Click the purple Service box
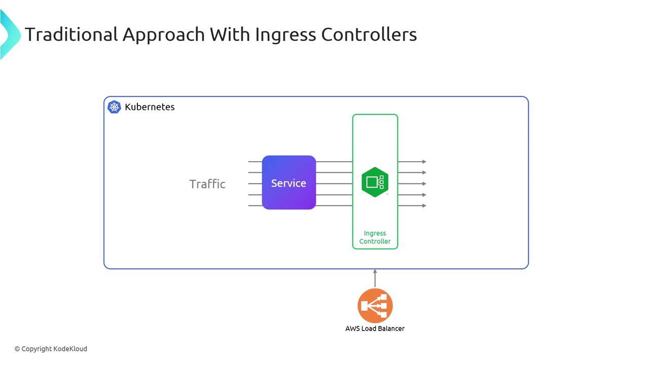click(x=289, y=182)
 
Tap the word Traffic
click(x=207, y=184)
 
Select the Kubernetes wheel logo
click(x=114, y=107)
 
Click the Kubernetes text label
click(x=150, y=107)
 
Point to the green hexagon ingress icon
click(x=375, y=182)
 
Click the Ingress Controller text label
click(x=375, y=237)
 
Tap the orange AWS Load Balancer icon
click(x=375, y=306)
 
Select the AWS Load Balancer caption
click(x=375, y=328)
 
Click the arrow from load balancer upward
click(x=375, y=278)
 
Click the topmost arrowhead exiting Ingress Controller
click(x=424, y=162)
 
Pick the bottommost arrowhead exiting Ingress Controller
click(x=424, y=206)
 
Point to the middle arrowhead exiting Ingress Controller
click(x=424, y=184)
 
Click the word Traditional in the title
click(x=71, y=34)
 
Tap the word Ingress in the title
click(x=285, y=34)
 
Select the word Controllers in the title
click(x=369, y=34)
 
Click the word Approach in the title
click(x=163, y=34)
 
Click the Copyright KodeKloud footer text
click(x=51, y=349)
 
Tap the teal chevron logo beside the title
click(x=9, y=34)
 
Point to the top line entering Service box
click(x=255, y=162)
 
